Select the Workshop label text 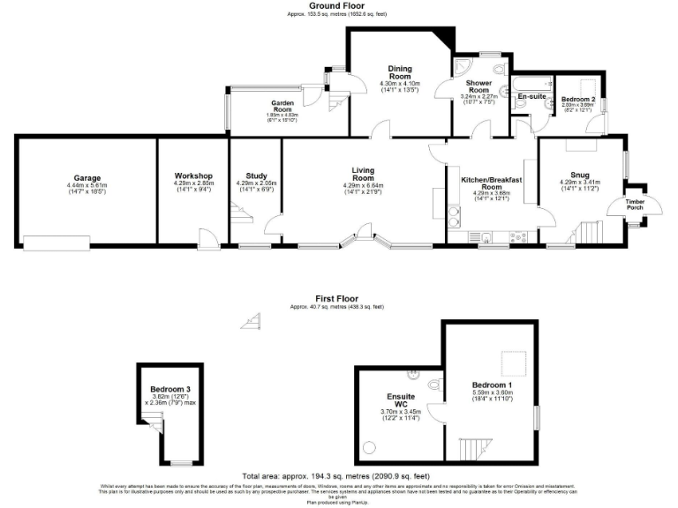pos(193,175)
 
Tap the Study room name pos(244,175)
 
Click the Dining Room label pos(401,71)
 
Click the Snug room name pos(579,175)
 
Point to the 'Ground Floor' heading pos(335,5)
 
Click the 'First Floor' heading pos(335,298)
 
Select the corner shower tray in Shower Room pos(463,71)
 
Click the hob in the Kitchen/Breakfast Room pos(519,235)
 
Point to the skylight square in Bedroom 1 pos(509,362)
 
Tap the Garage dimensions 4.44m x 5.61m pos(86,187)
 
